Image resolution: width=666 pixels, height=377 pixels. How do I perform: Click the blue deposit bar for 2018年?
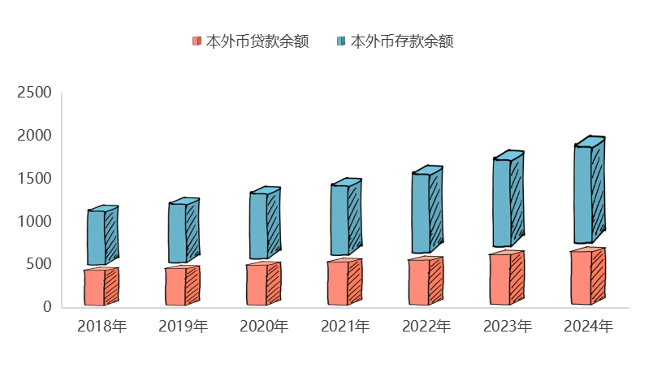(97, 237)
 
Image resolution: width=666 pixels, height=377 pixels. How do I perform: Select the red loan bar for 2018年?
(96, 288)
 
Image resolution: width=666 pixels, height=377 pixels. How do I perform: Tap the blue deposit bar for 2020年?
(259, 226)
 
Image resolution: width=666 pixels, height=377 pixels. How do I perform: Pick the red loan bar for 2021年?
(339, 284)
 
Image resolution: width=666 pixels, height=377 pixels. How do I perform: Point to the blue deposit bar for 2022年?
(422, 213)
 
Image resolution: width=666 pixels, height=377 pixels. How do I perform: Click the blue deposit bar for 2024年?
(584, 194)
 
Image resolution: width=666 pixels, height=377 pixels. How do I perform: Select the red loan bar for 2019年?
(177, 287)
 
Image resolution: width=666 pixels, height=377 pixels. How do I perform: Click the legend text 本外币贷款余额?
(257, 41)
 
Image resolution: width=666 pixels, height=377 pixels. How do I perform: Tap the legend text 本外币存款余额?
(401, 41)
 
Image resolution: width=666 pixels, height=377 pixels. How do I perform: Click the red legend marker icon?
(197, 41)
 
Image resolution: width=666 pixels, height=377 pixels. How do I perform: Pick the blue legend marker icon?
(341, 41)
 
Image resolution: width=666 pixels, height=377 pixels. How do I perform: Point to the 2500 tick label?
(35, 93)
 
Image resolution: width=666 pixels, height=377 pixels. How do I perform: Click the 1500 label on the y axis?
(35, 178)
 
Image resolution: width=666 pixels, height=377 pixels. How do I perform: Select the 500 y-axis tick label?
(39, 264)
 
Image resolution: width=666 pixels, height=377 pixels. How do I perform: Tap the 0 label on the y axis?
(47, 306)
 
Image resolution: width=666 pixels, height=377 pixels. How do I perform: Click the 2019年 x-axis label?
(183, 327)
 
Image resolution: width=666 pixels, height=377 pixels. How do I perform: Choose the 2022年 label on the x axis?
(426, 327)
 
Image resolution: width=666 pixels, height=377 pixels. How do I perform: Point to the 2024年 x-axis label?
(589, 327)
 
